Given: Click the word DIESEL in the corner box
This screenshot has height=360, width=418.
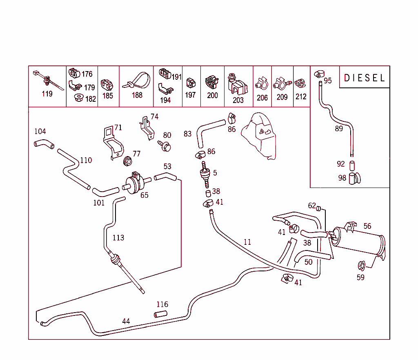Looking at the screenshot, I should point(365,78).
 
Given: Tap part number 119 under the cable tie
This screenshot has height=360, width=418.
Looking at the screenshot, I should point(47,94).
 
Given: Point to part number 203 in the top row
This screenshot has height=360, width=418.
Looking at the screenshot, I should point(238,100).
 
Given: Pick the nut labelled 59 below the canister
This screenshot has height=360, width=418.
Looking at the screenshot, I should point(361,266).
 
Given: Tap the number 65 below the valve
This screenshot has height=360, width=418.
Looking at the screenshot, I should point(145,195).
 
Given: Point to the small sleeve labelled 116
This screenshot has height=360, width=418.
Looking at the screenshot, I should point(160,314).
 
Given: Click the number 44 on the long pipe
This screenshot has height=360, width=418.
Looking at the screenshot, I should point(126,322).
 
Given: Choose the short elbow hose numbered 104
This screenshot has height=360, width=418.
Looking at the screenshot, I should point(43,144).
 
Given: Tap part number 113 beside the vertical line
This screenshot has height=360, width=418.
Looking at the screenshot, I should point(118,237).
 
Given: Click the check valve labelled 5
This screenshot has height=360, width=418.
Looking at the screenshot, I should point(204,173).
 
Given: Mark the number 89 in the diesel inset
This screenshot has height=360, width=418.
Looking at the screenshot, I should point(339,129).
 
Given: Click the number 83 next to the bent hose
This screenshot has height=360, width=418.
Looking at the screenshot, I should point(188,134).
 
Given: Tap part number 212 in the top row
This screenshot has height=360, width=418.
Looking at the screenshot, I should point(301,97).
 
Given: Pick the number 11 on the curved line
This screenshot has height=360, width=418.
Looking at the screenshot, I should point(247,242).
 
